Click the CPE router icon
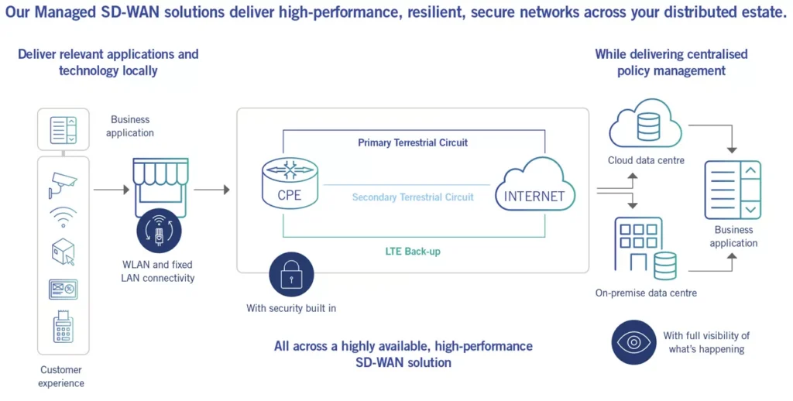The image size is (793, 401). pyautogui.click(x=290, y=184)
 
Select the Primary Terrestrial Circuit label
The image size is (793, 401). pyautogui.click(x=413, y=143)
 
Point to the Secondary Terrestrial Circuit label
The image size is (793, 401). pyautogui.click(x=413, y=197)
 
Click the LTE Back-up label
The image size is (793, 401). pyautogui.click(x=414, y=252)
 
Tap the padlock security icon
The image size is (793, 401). pyautogui.click(x=291, y=276)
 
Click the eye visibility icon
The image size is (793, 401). pyautogui.click(x=633, y=342)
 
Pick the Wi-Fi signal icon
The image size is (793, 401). pyautogui.click(x=63, y=218)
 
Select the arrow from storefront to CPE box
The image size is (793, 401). pyautogui.click(x=211, y=189)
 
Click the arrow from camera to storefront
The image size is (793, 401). pyautogui.click(x=112, y=189)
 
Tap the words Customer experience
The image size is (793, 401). pyautogui.click(x=62, y=376)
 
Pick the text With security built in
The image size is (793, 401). pyautogui.click(x=291, y=308)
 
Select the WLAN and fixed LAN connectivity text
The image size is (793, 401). pyautogui.click(x=157, y=272)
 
